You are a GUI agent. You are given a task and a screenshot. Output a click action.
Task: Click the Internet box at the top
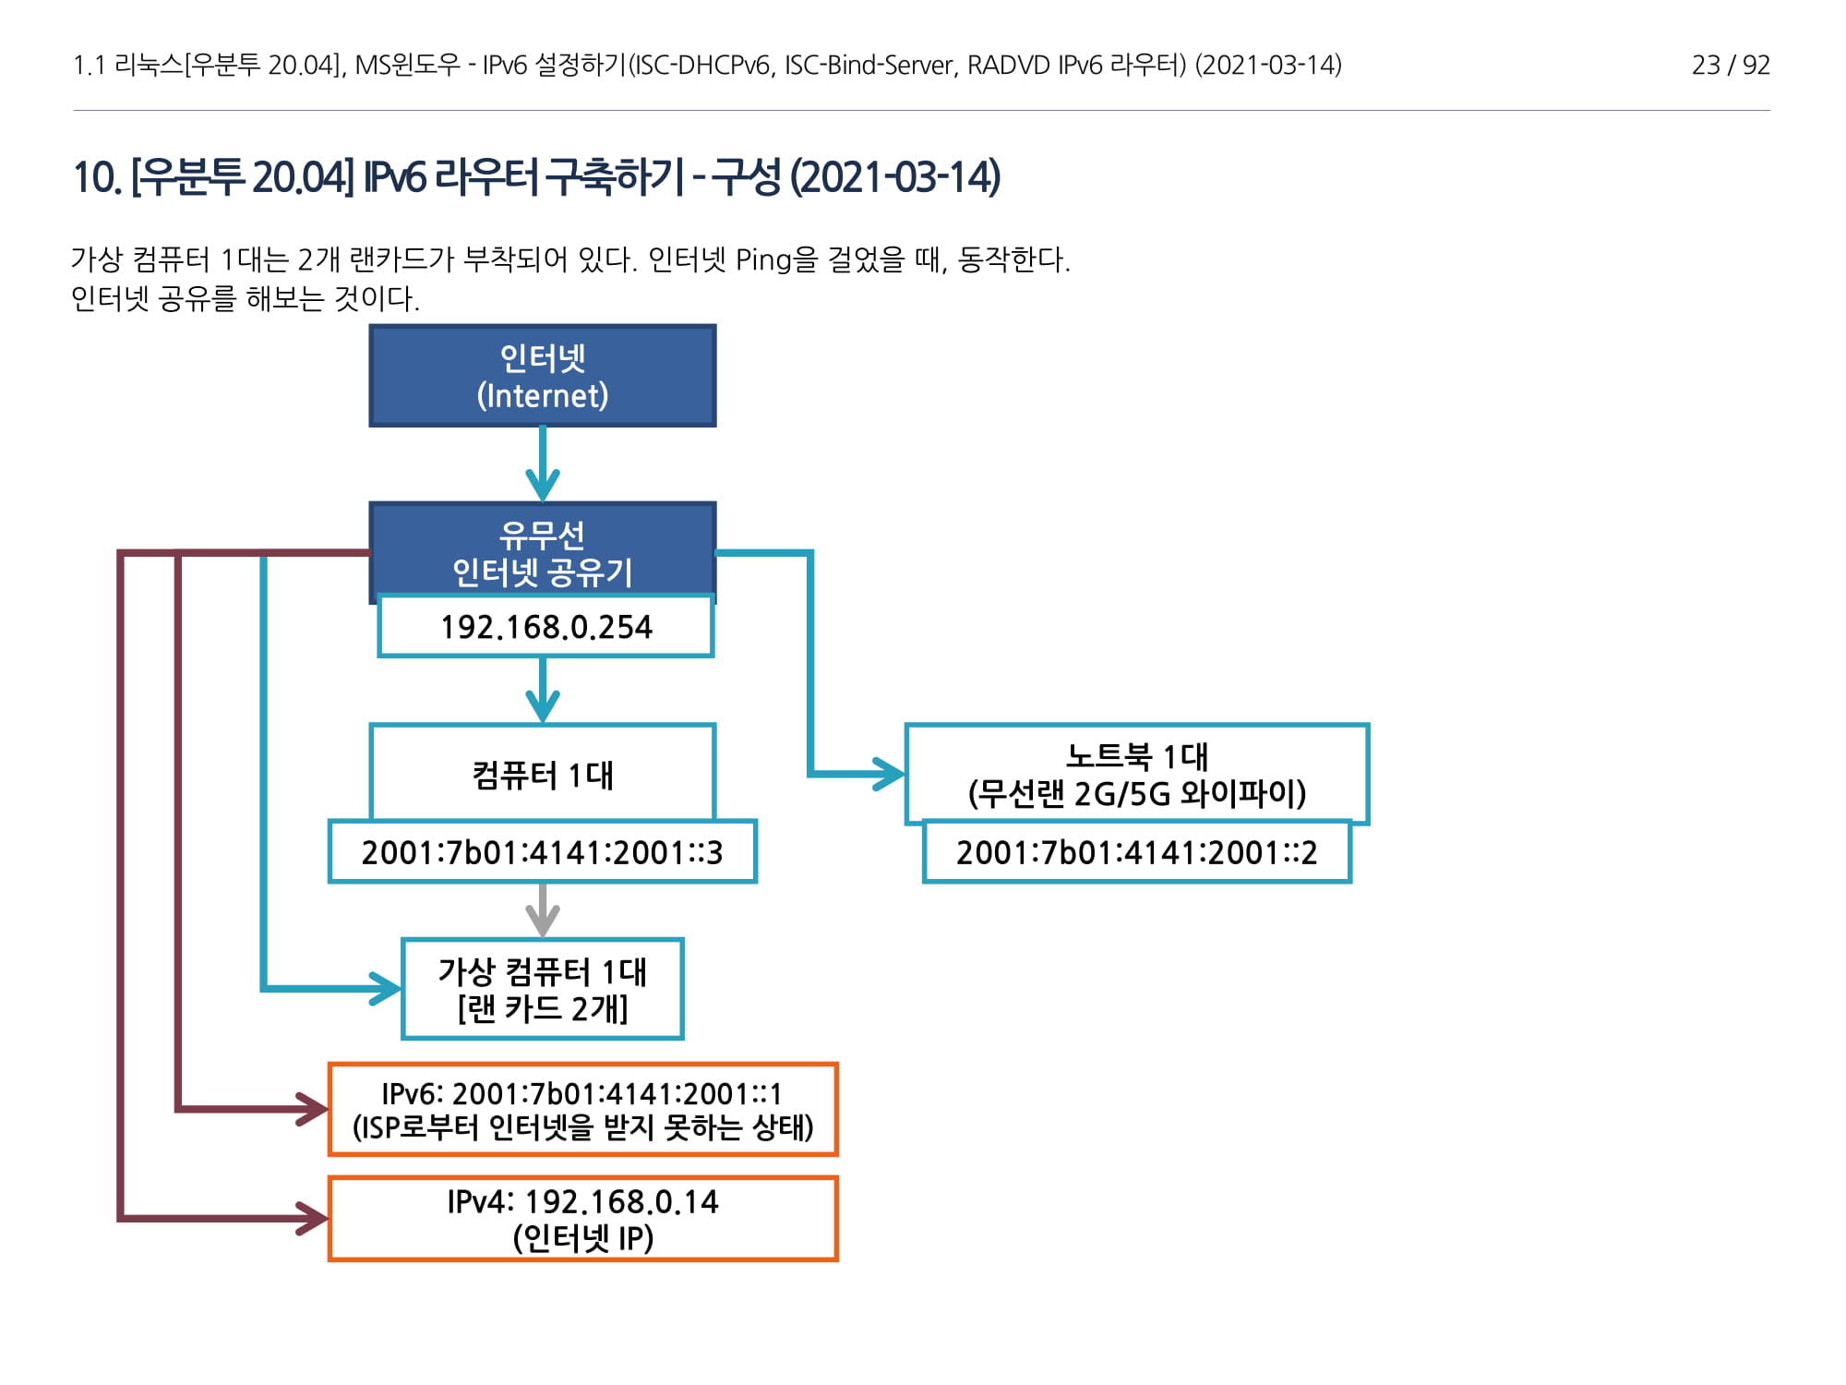543,376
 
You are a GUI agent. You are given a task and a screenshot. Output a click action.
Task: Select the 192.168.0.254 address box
545,627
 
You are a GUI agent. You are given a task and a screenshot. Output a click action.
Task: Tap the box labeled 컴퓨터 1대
543,774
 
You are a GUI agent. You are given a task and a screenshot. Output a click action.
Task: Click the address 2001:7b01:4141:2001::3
543,852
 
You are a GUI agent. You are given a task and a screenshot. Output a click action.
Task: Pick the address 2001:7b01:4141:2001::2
1136,852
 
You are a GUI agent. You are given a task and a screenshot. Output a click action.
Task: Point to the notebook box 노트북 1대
1136,774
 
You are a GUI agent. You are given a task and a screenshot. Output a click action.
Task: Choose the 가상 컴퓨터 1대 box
543,989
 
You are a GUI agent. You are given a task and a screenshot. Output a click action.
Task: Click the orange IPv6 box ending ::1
582,1110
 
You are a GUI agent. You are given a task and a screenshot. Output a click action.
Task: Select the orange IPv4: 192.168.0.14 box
582,1219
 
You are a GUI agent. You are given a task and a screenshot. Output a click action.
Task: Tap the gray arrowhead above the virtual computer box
543,919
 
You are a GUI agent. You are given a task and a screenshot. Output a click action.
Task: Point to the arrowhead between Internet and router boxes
543,484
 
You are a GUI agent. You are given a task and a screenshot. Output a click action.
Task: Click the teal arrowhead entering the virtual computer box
385,989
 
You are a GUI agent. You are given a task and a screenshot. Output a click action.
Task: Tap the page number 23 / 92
1730,66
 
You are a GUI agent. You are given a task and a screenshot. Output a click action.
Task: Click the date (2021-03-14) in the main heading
895,177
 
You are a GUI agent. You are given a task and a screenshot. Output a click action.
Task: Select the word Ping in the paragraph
764,260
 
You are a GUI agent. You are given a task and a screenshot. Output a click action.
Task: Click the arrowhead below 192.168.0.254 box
543,706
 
